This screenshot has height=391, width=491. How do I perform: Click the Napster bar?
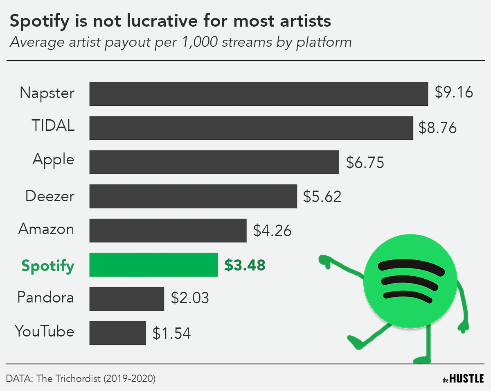tap(259, 94)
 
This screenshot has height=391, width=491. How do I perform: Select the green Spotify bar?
tap(153, 265)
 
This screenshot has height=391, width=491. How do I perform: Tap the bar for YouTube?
tap(117, 333)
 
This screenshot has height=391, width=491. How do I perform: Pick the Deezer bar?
tap(193, 196)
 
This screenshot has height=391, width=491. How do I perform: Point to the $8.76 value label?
tap(437, 128)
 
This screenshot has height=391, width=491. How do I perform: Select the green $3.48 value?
tap(245, 265)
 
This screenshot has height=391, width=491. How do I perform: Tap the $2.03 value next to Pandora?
tap(189, 298)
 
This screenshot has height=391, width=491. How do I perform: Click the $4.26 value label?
tap(272, 230)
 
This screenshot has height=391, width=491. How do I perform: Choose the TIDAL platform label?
tap(54, 125)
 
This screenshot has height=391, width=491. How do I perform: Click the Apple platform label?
tap(54, 160)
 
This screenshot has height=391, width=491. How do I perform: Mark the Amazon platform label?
tap(46, 229)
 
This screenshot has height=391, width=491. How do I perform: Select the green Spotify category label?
tap(48, 266)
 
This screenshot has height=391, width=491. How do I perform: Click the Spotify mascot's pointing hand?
tap(327, 261)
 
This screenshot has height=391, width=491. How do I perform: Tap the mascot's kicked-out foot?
tap(354, 342)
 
